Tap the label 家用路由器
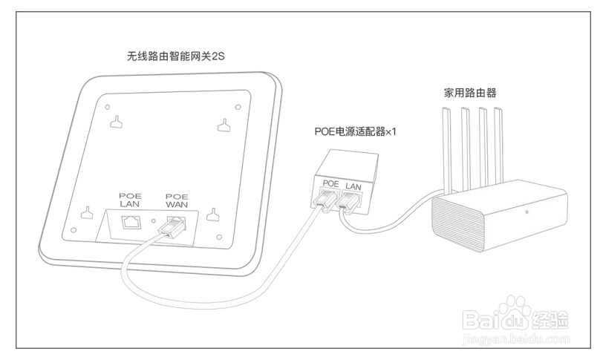coord(470,94)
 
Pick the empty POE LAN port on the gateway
coord(131,220)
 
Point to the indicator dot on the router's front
coord(527,213)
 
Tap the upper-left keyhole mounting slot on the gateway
coord(116,118)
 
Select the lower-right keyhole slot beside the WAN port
coord(213,215)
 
